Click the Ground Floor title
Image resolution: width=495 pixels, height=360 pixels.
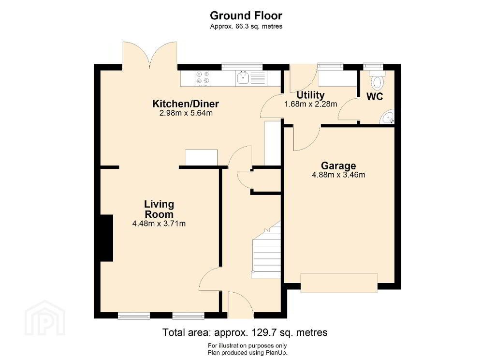coord(246,15)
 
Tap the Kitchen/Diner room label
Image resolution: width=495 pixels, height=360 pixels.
coord(186,104)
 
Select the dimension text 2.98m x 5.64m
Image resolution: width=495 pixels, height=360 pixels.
coord(186,113)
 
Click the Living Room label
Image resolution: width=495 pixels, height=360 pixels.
coord(159,209)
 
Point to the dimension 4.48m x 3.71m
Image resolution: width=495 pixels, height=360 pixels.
coord(159,224)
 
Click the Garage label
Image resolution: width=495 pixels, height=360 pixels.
coord(338,166)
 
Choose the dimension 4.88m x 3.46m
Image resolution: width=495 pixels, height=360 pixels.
coord(338,175)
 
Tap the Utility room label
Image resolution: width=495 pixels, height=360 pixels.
coord(311,95)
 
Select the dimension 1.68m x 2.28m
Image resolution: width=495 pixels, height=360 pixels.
coord(311,104)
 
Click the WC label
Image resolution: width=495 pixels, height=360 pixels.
coord(375,97)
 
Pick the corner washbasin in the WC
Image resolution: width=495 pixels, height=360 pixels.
coord(388,117)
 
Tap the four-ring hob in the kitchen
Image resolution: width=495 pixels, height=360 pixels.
coord(203,78)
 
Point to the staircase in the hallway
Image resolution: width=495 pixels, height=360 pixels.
coord(266,250)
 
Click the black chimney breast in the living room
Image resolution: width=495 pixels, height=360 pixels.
coord(107,238)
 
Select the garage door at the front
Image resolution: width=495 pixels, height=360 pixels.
coord(339,283)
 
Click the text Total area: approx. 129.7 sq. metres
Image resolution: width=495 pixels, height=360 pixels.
coord(245,332)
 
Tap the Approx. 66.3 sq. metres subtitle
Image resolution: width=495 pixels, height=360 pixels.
coord(246,27)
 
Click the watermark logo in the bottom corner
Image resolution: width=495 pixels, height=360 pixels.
coord(45,318)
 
